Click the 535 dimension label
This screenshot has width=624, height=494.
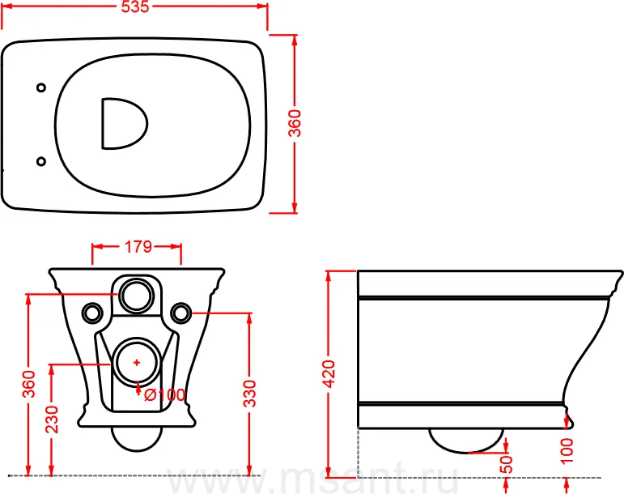tap(135, 6)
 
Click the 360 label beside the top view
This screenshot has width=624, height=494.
tap(295, 123)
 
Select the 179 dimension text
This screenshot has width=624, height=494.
tap(138, 247)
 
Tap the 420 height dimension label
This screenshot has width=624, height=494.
tap(329, 373)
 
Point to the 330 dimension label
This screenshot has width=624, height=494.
tap(250, 394)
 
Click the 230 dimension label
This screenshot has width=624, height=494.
tap(52, 419)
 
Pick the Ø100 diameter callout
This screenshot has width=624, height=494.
tap(165, 395)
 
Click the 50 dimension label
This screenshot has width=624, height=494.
tap(506, 464)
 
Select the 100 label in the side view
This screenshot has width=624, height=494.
tap(567, 450)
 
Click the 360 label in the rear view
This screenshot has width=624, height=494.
tap(28, 384)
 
